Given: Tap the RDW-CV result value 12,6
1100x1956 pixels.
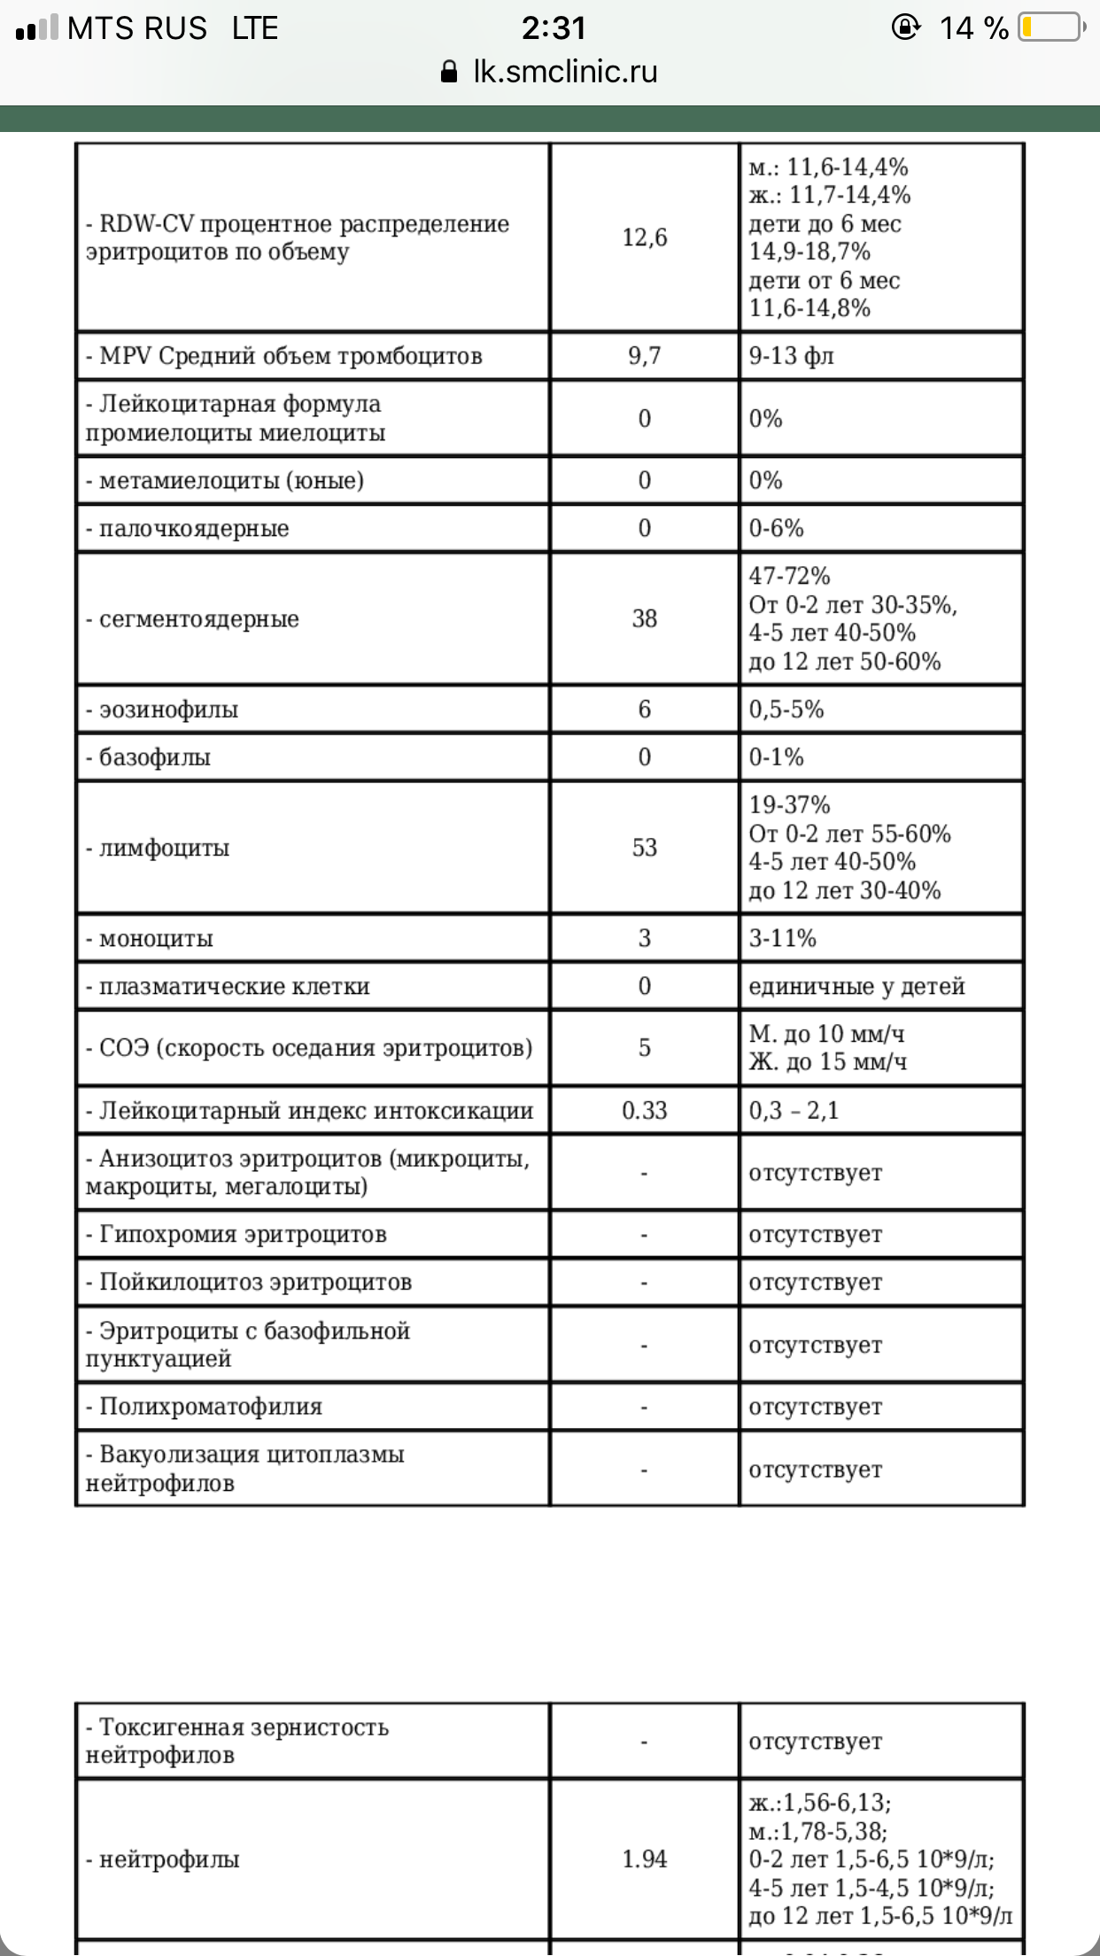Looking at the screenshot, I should click(644, 237).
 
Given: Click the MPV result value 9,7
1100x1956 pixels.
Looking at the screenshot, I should click(644, 356).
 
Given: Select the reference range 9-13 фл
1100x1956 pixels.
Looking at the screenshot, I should click(791, 356).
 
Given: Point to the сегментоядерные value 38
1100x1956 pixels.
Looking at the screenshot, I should click(644, 618).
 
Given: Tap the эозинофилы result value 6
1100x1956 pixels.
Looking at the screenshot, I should click(644, 710).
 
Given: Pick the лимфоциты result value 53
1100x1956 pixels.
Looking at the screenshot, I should click(644, 848).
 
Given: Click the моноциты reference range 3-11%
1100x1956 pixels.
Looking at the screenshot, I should click(782, 938).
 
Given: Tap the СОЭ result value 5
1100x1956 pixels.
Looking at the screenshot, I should click(644, 1048).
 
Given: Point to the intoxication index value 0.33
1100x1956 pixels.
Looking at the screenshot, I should click(644, 1111).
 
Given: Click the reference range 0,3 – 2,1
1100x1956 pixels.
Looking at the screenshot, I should click(793, 1111).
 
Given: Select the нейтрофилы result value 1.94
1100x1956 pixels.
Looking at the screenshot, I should click(644, 1859).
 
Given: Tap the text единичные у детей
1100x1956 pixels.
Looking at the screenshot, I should click(856, 987).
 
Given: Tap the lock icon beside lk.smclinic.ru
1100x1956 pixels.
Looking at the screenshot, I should click(449, 72).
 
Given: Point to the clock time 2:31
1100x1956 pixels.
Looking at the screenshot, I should click(554, 28).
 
